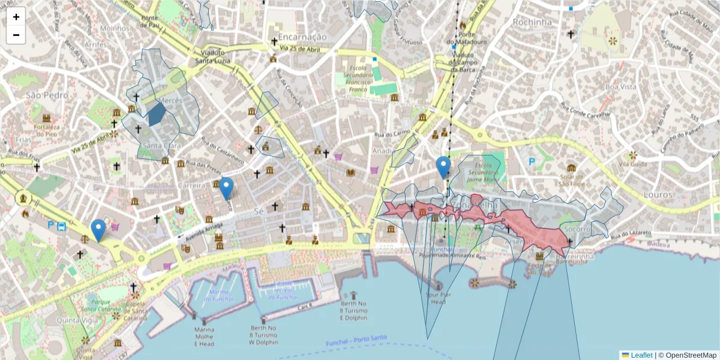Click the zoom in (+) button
(16, 17)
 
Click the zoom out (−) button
(16, 35)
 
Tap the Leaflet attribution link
(641, 355)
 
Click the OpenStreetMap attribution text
(687, 355)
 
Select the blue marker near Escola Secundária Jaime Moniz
(443, 167)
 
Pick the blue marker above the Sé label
(226, 188)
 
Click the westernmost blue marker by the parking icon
(98, 230)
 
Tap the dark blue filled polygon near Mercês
(156, 113)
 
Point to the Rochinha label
(532, 22)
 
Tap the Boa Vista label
(620, 87)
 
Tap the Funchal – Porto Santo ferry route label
(356, 341)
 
